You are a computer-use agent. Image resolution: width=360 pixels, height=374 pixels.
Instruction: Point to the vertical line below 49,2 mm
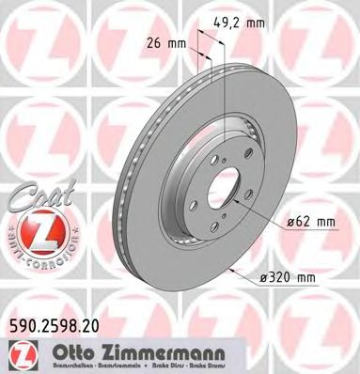pyautogui.click(x=227, y=85)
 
